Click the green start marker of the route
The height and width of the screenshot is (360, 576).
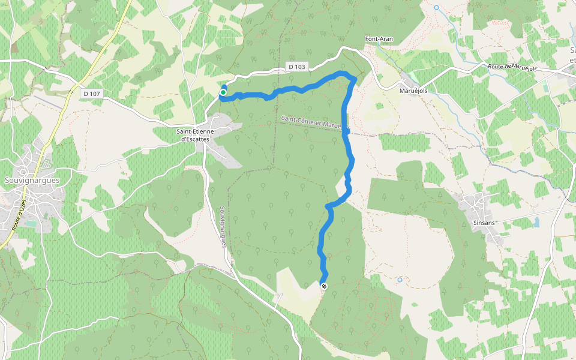click(x=223, y=92)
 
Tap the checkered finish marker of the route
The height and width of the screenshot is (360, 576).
click(x=324, y=287)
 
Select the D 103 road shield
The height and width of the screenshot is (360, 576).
click(x=296, y=67)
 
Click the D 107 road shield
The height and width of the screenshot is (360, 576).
click(x=92, y=94)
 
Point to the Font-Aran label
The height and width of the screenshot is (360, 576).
click(x=379, y=39)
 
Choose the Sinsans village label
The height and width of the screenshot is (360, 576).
click(x=485, y=223)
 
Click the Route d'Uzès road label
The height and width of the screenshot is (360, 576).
click(x=17, y=214)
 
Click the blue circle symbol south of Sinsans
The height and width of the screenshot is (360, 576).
click(x=400, y=280)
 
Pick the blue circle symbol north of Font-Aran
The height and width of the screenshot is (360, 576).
click(x=436, y=8)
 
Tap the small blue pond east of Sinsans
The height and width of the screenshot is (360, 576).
click(x=536, y=222)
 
